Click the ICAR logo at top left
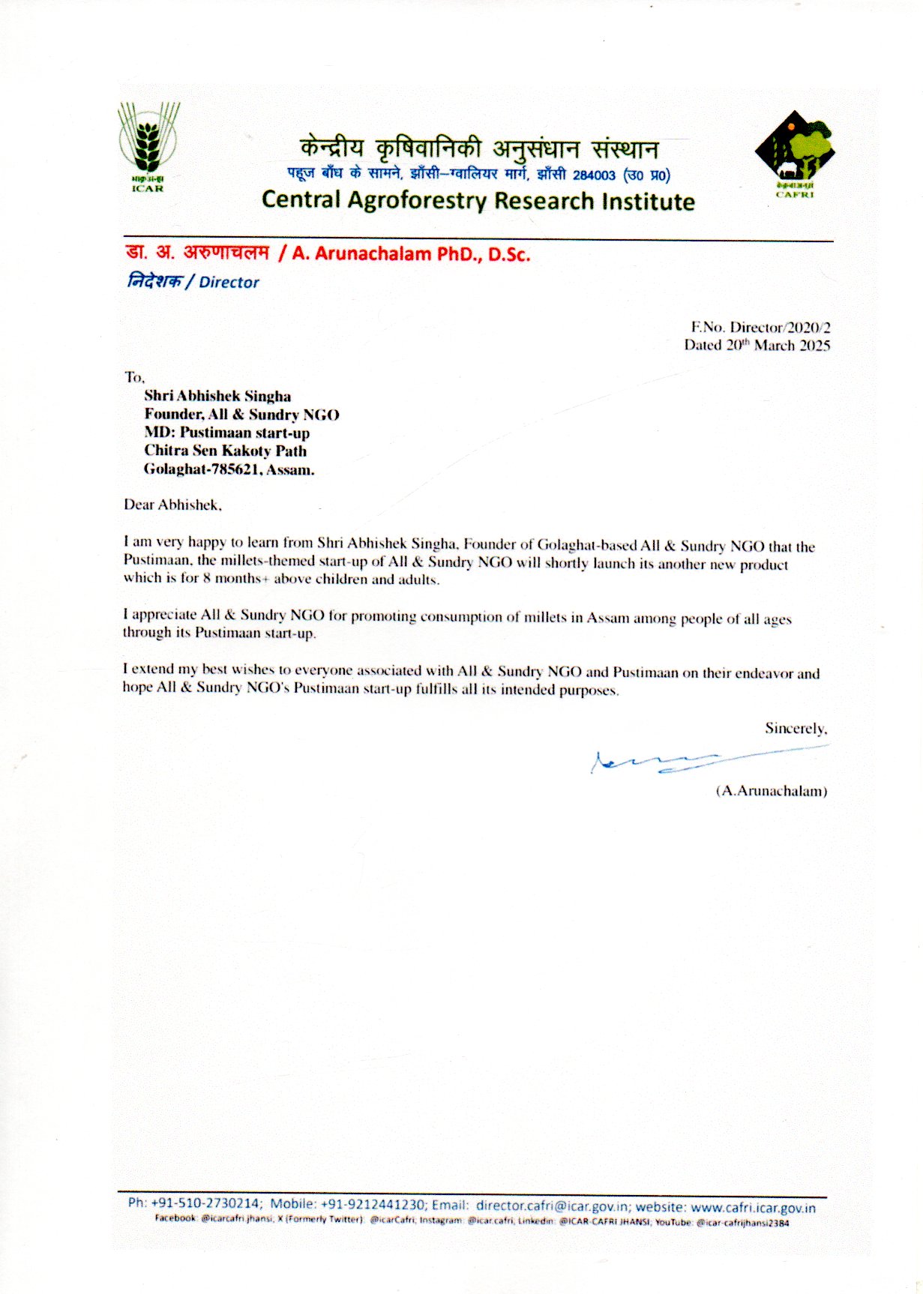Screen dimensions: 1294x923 coord(148,146)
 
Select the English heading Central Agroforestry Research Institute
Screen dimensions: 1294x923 coord(478,201)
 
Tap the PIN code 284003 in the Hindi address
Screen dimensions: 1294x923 coord(594,175)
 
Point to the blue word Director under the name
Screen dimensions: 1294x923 coord(229,283)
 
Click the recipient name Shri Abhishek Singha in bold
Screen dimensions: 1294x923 coord(217,396)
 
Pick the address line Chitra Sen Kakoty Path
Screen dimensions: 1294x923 coord(225,451)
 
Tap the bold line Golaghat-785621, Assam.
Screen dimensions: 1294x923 coord(229,470)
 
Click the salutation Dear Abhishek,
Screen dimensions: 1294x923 coord(172,505)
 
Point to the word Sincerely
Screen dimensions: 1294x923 coord(796,728)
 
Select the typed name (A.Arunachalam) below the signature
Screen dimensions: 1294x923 coord(772,791)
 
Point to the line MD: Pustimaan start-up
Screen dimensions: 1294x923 coord(226,433)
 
